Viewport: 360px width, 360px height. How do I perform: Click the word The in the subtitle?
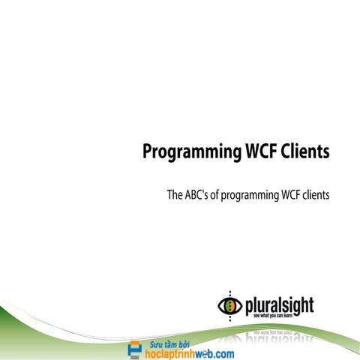click(174, 195)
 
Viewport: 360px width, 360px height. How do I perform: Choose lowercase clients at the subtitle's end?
click(317, 195)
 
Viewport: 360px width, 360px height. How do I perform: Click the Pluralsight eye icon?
click(229, 305)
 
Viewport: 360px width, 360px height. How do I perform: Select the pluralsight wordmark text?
click(279, 305)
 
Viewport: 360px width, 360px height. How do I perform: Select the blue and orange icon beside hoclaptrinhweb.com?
click(135, 349)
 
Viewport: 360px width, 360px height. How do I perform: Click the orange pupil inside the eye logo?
click(229, 305)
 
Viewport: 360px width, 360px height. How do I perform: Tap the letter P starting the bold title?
click(148, 151)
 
